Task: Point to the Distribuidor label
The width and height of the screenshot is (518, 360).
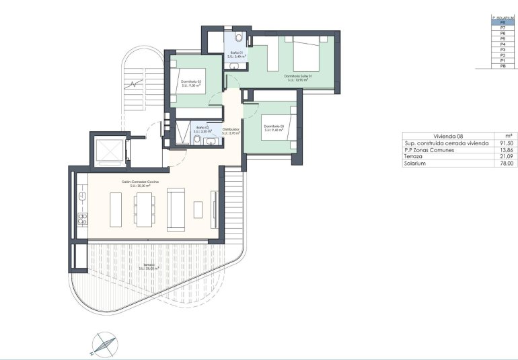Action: [231, 130]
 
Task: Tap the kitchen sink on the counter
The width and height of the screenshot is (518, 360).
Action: [82, 196]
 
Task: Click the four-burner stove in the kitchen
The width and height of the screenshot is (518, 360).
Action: [82, 218]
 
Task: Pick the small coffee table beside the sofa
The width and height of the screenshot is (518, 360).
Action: [198, 209]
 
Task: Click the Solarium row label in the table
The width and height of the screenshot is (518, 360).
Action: [416, 164]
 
